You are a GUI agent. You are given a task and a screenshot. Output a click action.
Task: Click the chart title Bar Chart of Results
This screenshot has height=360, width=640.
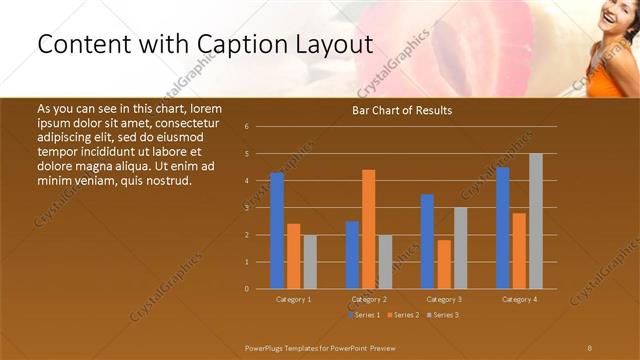tap(402, 110)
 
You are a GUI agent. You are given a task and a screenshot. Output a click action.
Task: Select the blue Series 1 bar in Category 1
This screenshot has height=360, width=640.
tap(277, 230)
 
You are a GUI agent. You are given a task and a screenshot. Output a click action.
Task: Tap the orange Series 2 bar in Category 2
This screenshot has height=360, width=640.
tap(369, 229)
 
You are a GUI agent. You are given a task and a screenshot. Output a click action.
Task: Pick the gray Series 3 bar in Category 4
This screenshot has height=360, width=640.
tap(536, 221)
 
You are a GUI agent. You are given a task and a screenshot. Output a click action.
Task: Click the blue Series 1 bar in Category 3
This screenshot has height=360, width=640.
tap(427, 241)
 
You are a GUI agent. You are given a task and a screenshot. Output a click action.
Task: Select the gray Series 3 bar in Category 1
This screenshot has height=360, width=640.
tap(310, 261)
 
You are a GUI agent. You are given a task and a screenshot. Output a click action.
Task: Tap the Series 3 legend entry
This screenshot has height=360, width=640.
tap(442, 315)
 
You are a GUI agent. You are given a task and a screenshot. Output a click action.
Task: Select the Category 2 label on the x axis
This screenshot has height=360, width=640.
tap(369, 299)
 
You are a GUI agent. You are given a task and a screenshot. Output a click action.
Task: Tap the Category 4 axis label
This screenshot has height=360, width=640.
tap(518, 299)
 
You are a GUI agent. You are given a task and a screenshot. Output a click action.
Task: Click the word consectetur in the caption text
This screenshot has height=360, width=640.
tap(187, 122)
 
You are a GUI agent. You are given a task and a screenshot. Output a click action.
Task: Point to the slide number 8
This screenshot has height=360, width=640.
tap(589, 347)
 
